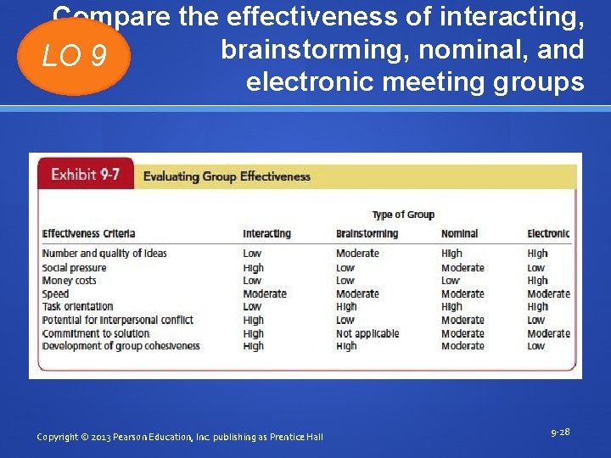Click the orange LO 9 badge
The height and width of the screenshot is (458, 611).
pos(74,56)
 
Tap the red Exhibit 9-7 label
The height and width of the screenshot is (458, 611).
pos(86,175)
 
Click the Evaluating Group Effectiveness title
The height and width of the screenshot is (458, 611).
pos(227,176)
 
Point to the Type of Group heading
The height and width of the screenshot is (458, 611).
pos(403,215)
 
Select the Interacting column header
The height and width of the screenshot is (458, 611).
pos(266,233)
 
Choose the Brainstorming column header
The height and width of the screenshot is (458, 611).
pos(367,233)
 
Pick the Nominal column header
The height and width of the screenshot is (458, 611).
pos(459,233)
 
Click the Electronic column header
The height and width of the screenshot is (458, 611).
pos(548,233)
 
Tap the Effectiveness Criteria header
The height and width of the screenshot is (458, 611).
pos(89,233)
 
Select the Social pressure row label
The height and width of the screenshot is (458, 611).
pos(75,267)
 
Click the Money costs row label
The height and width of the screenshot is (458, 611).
pos(70,280)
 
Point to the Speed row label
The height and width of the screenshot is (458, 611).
pos(56,293)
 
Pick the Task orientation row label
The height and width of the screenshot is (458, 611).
pos(78,306)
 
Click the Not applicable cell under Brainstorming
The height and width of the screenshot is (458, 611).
pos(367,333)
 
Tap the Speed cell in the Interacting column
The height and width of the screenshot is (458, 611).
pos(265,293)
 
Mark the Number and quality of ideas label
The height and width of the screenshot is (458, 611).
pos(104,253)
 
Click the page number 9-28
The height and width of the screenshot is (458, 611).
pos(560,432)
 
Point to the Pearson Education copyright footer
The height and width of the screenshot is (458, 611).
pos(180,436)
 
